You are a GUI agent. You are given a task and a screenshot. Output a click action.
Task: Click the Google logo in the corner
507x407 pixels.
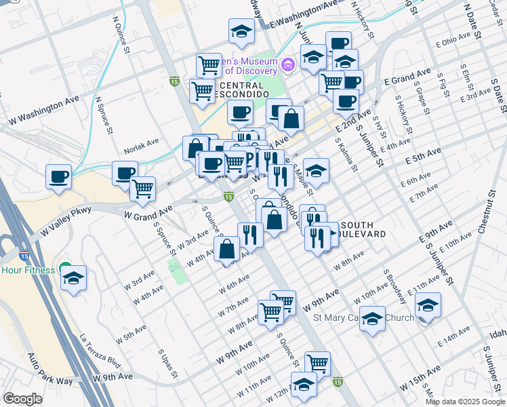coord(22,399)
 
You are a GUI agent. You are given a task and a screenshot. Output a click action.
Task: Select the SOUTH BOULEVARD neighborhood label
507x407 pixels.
coord(363,229)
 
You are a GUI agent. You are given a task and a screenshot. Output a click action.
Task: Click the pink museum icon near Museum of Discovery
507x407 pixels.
coord(287,66)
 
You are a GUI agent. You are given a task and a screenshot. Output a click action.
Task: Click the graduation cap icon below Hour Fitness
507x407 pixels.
coord(73,279)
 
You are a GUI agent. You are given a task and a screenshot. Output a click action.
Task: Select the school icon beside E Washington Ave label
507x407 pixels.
coord(241,31)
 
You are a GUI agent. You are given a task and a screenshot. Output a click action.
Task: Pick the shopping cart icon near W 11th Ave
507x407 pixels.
coord(317,363)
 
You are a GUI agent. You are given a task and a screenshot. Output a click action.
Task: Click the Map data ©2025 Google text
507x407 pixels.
coord(465,401)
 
